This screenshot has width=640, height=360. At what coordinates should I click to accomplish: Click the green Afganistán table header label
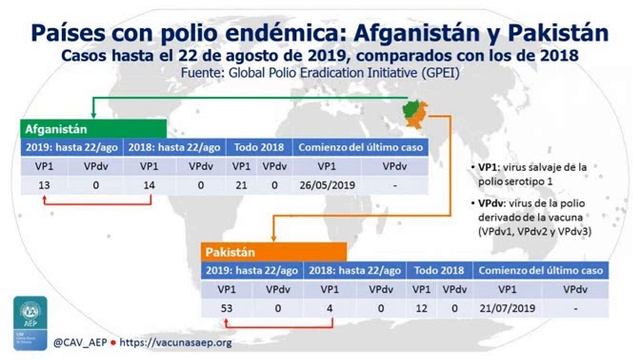click(x=55, y=130)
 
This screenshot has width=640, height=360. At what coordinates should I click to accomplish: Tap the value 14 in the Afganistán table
click(x=150, y=184)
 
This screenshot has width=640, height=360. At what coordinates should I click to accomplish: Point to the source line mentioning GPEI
click(x=320, y=74)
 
